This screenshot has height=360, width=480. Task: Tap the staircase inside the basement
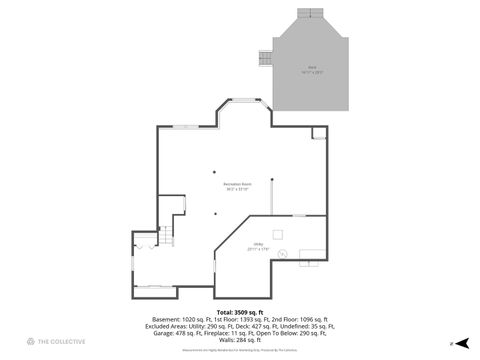(169, 233)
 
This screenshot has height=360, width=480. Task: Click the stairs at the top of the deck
(310, 13)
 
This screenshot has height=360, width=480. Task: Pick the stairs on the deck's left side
(265, 58)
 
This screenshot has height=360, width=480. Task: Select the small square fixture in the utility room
(281, 234)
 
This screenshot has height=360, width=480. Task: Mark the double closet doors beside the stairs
(142, 240)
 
